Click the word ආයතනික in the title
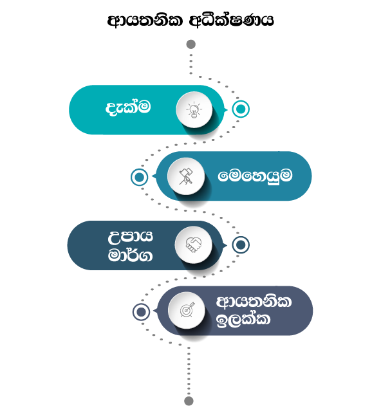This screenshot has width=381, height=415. [x=145, y=21]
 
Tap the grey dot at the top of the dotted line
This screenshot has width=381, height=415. [x=191, y=44]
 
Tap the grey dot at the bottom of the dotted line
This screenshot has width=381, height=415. [x=189, y=401]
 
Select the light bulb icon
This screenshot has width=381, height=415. [x=194, y=109]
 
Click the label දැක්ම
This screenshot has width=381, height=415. [x=128, y=107]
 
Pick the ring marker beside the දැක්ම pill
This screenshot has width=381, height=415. [x=241, y=109]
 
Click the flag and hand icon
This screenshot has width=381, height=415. [x=186, y=176]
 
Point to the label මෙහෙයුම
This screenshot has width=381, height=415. [x=255, y=176]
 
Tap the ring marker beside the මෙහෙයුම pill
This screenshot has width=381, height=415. [x=139, y=177]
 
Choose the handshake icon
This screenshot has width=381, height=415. [x=194, y=245]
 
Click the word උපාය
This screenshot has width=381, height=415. [x=130, y=236]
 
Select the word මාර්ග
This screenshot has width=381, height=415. [x=130, y=255]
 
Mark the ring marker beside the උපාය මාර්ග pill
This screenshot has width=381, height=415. [x=241, y=245]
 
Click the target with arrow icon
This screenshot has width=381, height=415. [x=187, y=309]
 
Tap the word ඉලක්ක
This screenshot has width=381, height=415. [x=243, y=320]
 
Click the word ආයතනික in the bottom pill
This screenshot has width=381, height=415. [x=254, y=302]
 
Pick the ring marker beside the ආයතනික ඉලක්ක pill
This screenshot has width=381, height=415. [x=141, y=312]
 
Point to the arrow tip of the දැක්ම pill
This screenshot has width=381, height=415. [x=227, y=109]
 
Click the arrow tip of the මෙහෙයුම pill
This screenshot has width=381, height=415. [x=153, y=176]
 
